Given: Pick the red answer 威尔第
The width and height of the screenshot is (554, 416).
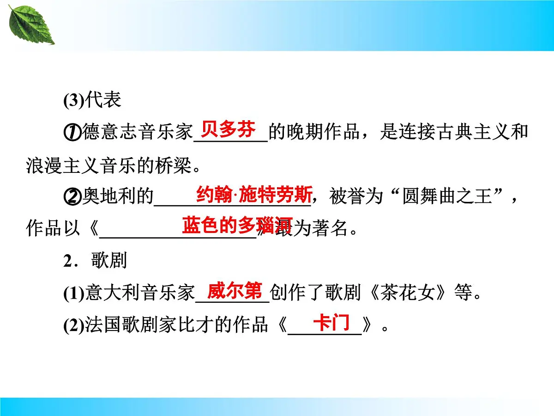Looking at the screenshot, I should click(x=235, y=291).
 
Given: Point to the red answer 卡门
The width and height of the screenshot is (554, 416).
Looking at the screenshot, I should click(x=331, y=322).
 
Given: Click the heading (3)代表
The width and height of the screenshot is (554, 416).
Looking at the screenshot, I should click(x=92, y=100).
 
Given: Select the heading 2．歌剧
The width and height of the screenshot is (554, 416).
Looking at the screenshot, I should click(x=95, y=261).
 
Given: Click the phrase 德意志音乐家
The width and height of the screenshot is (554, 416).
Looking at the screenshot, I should click(x=137, y=133).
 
